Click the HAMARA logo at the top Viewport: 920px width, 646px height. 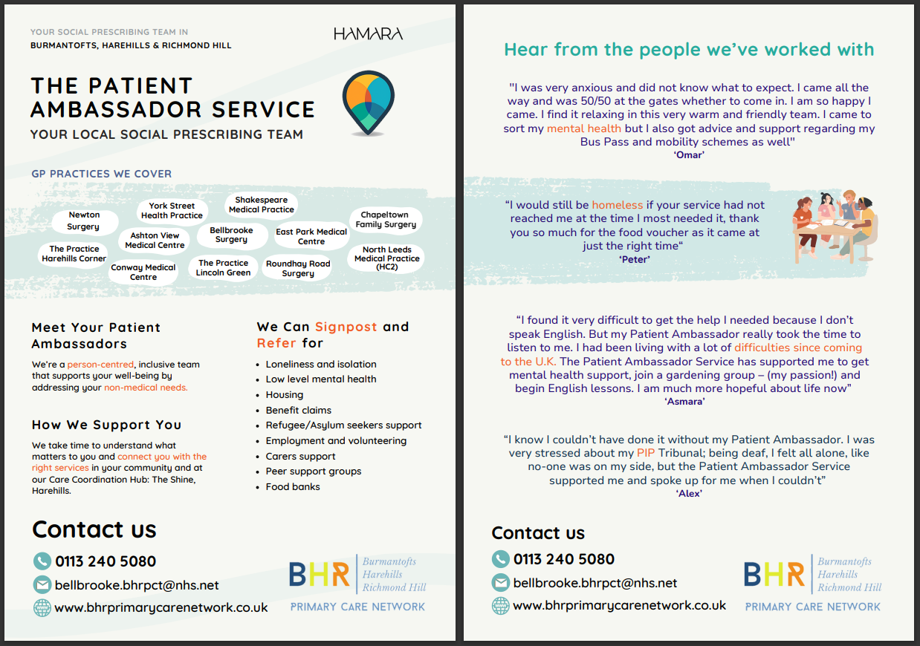click(368, 34)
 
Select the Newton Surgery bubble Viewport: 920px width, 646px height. click(83, 221)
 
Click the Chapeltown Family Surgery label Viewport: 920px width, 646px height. click(385, 220)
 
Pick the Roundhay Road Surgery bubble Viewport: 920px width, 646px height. click(298, 268)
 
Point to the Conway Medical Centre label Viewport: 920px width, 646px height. click(143, 273)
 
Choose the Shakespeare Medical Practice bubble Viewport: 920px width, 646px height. click(261, 205)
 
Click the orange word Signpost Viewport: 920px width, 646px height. click(346, 327)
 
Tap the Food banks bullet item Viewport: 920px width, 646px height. click(293, 487)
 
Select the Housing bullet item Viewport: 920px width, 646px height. click(285, 395)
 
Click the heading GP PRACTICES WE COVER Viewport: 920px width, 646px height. click(101, 174)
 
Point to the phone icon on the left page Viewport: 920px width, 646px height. click(42, 561)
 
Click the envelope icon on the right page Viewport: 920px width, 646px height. click(500, 583)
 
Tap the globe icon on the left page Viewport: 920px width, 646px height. click(42, 607)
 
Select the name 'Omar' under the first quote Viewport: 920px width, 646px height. click(690, 155)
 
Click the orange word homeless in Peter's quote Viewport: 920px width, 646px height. click(618, 205)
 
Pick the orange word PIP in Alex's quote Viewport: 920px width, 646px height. click(646, 453)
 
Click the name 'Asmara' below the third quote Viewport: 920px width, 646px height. click(684, 401)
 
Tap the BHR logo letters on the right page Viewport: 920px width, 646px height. click(774, 574)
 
